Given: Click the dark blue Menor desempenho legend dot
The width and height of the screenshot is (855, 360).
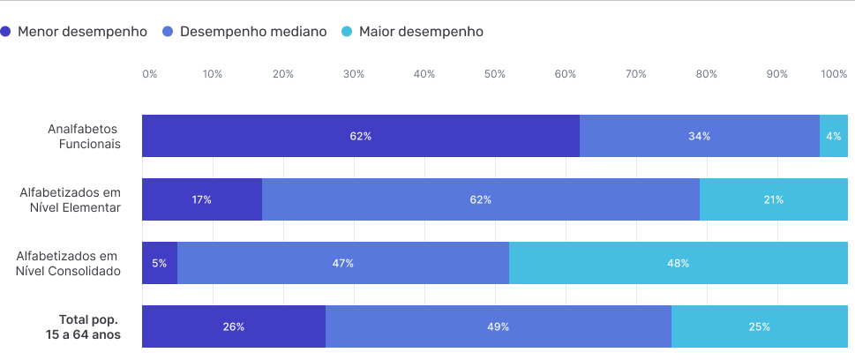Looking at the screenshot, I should pyautogui.click(x=6, y=32).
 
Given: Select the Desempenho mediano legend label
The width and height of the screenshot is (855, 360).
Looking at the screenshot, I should pyautogui.click(x=253, y=32).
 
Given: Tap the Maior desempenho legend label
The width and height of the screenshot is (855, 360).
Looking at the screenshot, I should pyautogui.click(x=421, y=32).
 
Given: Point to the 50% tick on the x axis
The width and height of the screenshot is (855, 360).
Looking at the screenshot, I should pyautogui.click(x=495, y=74).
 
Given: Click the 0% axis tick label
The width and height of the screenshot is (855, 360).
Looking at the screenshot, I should pyautogui.click(x=150, y=74).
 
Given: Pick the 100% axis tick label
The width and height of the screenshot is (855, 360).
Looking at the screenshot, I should pyautogui.click(x=834, y=74).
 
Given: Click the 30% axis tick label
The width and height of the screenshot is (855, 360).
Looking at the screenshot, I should pyautogui.click(x=354, y=74).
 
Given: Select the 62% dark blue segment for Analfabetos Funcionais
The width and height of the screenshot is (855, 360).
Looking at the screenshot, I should pyautogui.click(x=361, y=136).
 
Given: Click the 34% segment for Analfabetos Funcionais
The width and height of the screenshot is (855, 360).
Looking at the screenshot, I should pyautogui.click(x=700, y=136).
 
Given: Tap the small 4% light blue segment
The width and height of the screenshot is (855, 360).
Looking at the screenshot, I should pyautogui.click(x=834, y=136).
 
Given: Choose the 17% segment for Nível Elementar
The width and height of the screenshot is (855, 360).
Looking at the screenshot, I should pyautogui.click(x=202, y=199).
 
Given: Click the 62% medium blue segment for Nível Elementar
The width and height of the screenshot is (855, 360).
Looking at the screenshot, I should pyautogui.click(x=481, y=199).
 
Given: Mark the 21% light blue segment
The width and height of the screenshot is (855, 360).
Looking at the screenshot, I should pyautogui.click(x=774, y=199).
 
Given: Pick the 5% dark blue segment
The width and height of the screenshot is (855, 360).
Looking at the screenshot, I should pyautogui.click(x=160, y=263).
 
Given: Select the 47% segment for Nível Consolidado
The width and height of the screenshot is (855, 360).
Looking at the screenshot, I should pyautogui.click(x=343, y=263).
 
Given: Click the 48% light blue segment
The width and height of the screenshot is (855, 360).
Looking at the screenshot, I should pyautogui.click(x=679, y=263).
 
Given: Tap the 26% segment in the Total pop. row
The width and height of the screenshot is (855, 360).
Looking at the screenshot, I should pyautogui.click(x=234, y=326).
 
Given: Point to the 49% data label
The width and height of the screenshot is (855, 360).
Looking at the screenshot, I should pyautogui.click(x=499, y=326).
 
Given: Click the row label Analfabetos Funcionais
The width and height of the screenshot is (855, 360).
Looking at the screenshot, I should pyautogui.click(x=85, y=136).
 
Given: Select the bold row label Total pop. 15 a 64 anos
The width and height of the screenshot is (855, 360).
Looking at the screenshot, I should pyautogui.click(x=85, y=326).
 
